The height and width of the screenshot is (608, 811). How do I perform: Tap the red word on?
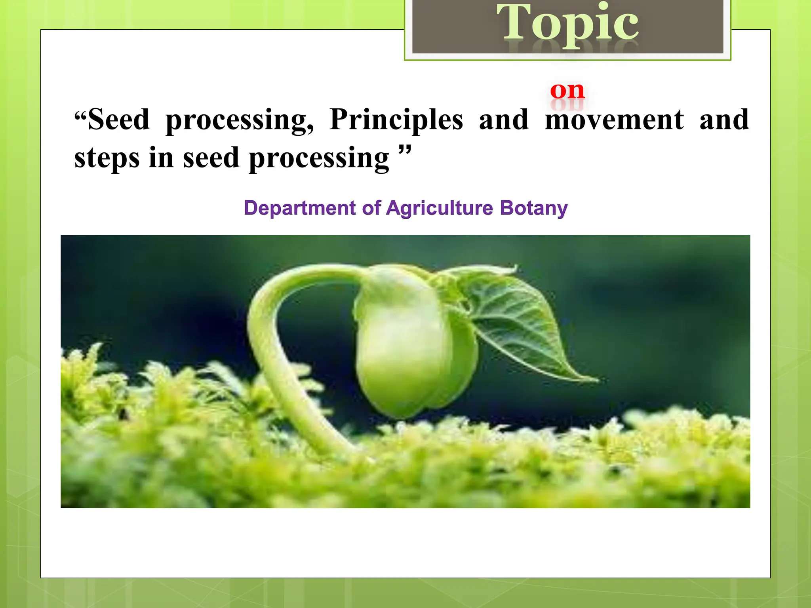tap(567, 91)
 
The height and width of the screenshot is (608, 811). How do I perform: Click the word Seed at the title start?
tap(118, 120)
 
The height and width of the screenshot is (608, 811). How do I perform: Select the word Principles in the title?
tap(396, 120)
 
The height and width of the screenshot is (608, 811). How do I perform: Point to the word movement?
tap(614, 120)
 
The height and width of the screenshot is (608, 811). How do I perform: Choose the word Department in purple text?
tap(300, 208)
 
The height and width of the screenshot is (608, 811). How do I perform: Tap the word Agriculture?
tap(440, 208)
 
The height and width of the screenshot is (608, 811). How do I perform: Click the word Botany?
tap(533, 208)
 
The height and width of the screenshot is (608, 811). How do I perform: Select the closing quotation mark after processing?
tap(405, 150)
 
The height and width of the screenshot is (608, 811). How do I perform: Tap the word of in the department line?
tap(371, 208)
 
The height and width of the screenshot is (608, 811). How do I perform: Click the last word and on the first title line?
tap(724, 120)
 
